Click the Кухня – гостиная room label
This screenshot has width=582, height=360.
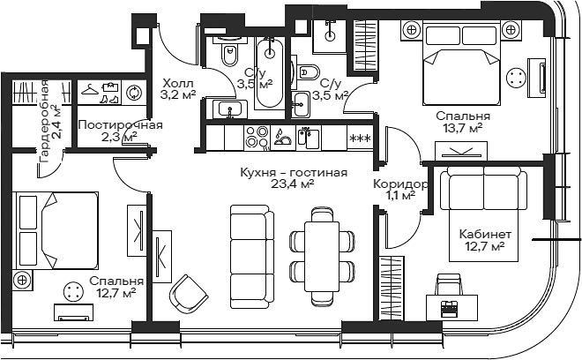[294, 173]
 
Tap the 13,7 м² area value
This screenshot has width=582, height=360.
[462, 129]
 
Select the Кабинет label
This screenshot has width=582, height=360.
[485, 234]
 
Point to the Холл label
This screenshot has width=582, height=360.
[178, 82]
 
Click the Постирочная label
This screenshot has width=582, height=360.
[120, 124]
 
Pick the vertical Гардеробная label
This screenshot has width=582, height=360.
[45, 121]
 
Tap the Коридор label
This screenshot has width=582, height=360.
[400, 184]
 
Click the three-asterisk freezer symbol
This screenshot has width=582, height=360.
[361, 139]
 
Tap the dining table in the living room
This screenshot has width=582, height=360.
[322, 257]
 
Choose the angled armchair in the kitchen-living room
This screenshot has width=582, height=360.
[189, 294]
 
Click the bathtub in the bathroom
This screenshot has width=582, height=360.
[270, 73]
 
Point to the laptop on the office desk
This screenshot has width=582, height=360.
[451, 309]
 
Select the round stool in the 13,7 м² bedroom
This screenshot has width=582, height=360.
[516, 78]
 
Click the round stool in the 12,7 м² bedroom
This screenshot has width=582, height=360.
[72, 291]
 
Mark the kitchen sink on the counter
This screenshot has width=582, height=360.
[308, 138]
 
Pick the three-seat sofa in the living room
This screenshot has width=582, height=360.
[251, 257]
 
